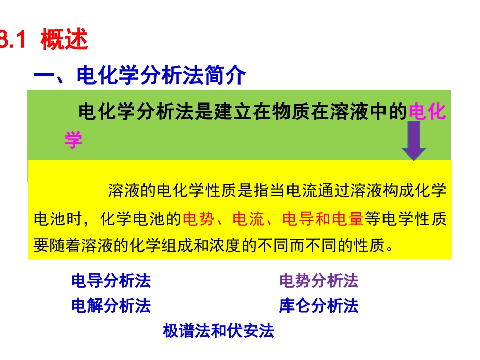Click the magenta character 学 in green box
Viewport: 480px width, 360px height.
[x=73, y=140]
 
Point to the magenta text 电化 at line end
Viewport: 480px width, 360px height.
[x=427, y=111]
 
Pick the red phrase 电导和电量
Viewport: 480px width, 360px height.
[x=323, y=219]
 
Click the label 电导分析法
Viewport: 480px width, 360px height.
[x=111, y=281]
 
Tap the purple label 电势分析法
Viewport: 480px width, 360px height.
[x=319, y=281]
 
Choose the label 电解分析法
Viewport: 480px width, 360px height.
[x=111, y=305]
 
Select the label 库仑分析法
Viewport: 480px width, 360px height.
[x=319, y=305]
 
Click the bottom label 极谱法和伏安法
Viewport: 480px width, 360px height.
[x=218, y=331]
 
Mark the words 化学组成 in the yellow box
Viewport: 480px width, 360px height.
[x=182, y=245]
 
